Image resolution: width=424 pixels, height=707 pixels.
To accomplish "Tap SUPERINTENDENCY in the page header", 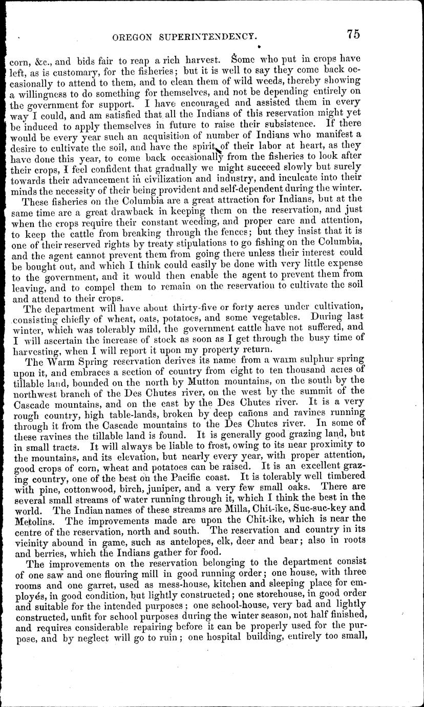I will pos(209,36).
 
